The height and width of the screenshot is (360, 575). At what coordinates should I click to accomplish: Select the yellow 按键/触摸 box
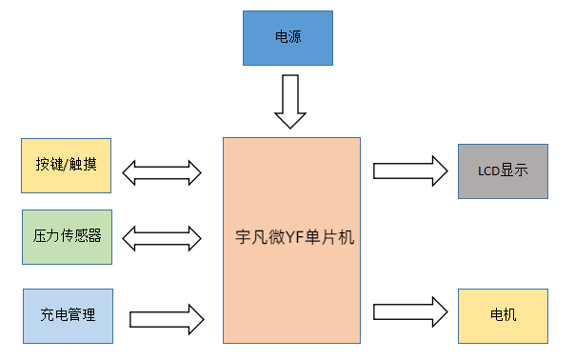pyautogui.click(x=66, y=165)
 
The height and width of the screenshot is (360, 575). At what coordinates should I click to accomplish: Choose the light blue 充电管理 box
pyautogui.click(x=66, y=314)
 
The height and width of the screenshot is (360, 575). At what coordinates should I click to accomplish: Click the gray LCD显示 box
pyautogui.click(x=503, y=171)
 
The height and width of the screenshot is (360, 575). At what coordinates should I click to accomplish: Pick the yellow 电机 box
pyautogui.click(x=503, y=314)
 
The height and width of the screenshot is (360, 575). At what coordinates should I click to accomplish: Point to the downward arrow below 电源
pyautogui.click(x=291, y=102)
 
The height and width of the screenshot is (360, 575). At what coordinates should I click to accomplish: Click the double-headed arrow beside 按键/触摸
pyautogui.click(x=163, y=172)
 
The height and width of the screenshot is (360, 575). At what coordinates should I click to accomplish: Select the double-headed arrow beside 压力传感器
pyautogui.click(x=163, y=236)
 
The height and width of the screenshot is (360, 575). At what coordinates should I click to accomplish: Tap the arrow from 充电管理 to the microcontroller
pyautogui.click(x=167, y=315)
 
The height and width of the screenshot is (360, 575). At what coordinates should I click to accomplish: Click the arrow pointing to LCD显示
pyautogui.click(x=410, y=170)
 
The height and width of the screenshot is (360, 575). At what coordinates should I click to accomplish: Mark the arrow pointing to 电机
pyautogui.click(x=410, y=311)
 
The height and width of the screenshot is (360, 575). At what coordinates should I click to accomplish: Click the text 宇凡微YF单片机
pyautogui.click(x=294, y=238)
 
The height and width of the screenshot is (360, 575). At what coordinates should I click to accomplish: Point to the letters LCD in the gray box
pyautogui.click(x=487, y=172)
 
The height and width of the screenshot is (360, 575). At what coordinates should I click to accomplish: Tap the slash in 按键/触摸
pyautogui.click(x=67, y=165)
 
